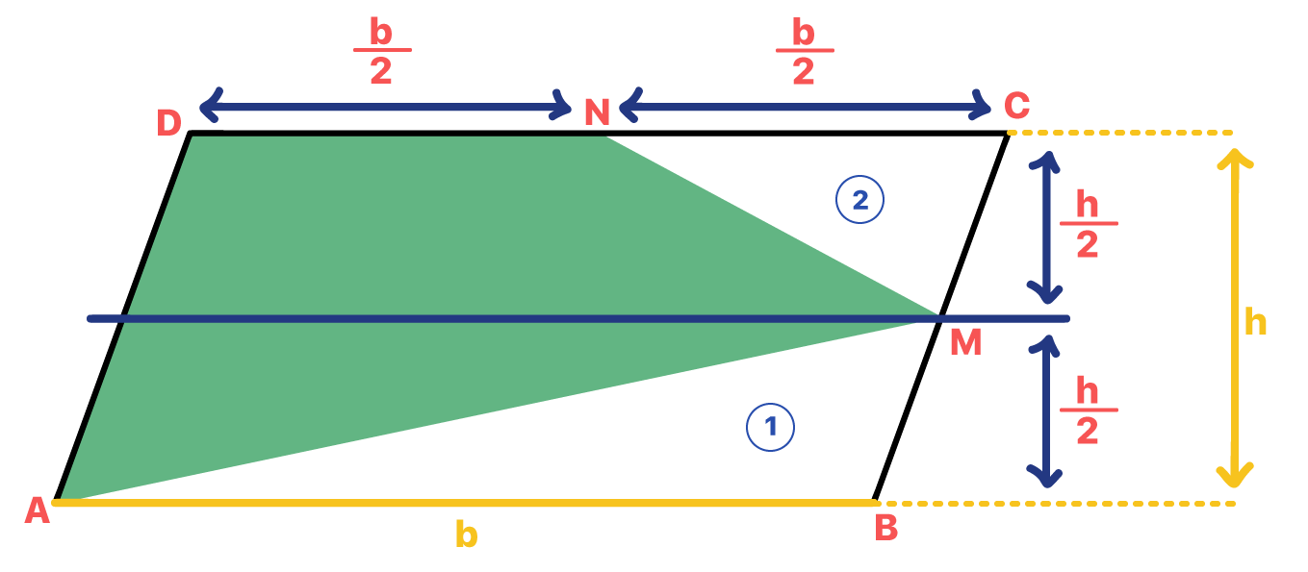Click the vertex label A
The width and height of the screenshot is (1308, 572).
(x=37, y=510)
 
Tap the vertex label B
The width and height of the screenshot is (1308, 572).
(x=885, y=528)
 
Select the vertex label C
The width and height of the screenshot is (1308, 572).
(x=1016, y=104)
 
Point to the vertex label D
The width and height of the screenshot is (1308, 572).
(x=169, y=123)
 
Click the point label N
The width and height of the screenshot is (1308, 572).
(x=597, y=113)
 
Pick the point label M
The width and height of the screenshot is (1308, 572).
(x=965, y=343)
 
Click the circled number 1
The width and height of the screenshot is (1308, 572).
(x=770, y=428)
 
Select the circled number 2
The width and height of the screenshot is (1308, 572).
(x=859, y=200)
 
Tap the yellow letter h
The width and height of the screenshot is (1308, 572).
(x=1255, y=322)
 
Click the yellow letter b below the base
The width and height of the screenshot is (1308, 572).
(x=466, y=534)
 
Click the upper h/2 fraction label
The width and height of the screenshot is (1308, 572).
(x=1088, y=224)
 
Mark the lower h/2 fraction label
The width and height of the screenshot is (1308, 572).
(x=1088, y=410)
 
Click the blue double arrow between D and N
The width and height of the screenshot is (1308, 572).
(x=385, y=107)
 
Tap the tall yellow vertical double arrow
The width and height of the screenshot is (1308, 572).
(x=1234, y=317)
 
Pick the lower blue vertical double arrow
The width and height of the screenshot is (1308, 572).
(x=1045, y=410)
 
